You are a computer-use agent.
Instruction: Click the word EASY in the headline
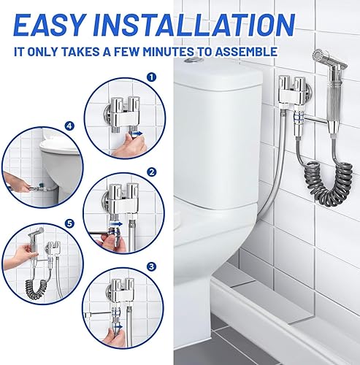[49, 25]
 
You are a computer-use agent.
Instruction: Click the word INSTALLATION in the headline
[194, 25]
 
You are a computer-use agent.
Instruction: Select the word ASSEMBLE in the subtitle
[246, 52]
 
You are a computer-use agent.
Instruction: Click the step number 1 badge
[151, 77]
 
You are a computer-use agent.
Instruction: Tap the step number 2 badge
[152, 172]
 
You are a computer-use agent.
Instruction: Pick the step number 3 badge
[151, 266]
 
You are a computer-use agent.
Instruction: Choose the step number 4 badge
[69, 126]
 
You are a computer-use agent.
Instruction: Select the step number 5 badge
[70, 223]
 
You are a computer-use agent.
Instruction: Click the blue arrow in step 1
[137, 134]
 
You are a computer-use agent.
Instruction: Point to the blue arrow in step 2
[115, 223]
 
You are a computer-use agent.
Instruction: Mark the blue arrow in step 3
[118, 326]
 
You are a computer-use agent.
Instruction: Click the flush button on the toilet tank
[192, 59]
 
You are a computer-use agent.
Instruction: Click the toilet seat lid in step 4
[58, 146]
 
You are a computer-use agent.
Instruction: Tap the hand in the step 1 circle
[129, 145]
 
